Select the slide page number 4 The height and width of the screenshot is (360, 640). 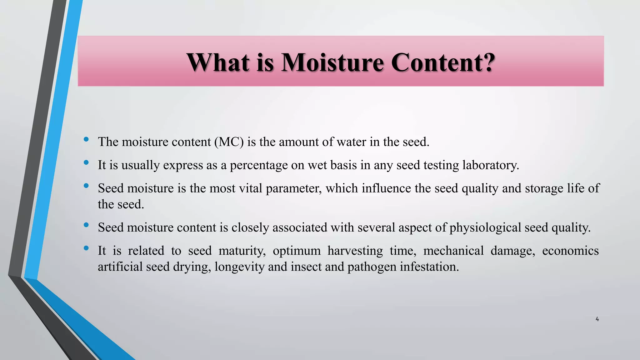(x=597, y=319)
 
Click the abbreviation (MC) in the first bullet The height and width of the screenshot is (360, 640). (x=229, y=142)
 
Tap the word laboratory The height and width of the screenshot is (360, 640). (x=490, y=165)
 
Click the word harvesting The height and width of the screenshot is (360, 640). (x=355, y=251)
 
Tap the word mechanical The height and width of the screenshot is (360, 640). (x=453, y=251)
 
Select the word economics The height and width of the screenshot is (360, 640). (x=570, y=251)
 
